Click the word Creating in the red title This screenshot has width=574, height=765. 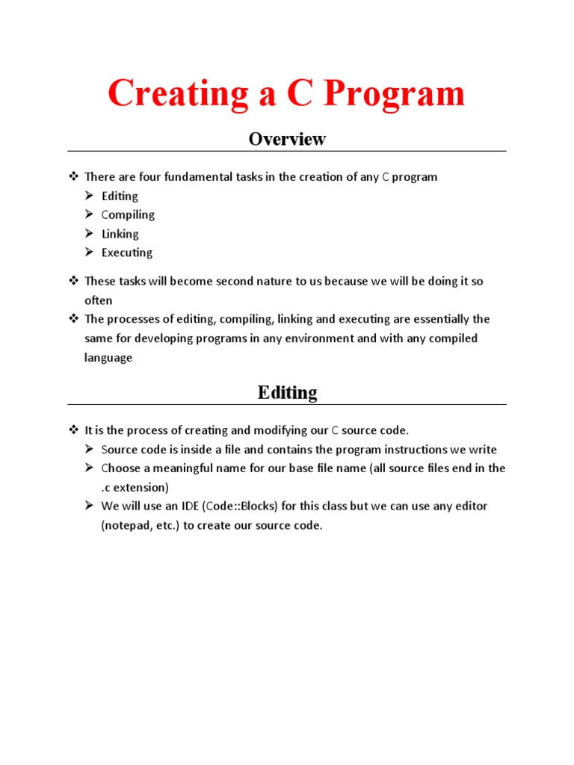point(179,94)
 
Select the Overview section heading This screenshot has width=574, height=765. point(287,139)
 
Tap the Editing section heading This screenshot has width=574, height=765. point(287,392)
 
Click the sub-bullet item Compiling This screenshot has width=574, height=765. point(128,215)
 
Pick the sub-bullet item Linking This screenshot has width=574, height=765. point(120,234)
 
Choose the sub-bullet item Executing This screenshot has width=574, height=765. point(127,253)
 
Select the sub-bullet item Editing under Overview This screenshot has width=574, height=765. point(120,196)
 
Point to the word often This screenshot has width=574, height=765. point(98,300)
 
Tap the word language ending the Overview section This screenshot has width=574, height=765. point(108,357)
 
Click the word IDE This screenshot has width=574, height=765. point(188,506)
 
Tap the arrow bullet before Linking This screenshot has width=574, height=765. point(89,234)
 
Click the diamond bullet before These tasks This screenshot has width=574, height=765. point(73,282)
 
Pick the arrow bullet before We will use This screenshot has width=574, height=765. point(89,506)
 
